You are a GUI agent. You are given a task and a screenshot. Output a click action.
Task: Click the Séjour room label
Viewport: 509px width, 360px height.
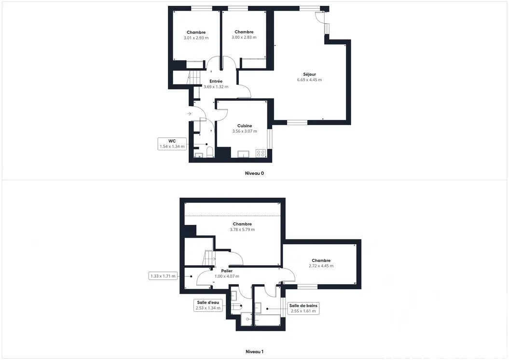pos(309,74)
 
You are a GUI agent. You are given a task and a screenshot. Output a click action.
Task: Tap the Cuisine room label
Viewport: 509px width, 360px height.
pos(245,126)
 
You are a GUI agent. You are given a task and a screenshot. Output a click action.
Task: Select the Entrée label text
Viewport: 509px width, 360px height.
pos(216,82)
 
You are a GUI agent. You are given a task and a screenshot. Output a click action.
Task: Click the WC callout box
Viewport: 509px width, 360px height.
pos(172,144)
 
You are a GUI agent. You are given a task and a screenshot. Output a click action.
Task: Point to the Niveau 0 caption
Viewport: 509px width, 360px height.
pos(255,173)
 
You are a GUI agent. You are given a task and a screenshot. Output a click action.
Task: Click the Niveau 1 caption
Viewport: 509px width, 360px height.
pos(255,352)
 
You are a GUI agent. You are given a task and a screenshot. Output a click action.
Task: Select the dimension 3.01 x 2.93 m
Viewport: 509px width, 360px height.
pos(196,38)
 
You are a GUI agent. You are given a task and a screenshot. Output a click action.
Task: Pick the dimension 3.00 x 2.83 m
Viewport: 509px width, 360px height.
pos(244,38)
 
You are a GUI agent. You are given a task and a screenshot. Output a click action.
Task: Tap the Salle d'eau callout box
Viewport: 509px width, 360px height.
pos(208,305)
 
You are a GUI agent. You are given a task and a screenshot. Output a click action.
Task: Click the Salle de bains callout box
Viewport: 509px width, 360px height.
pos(303,308)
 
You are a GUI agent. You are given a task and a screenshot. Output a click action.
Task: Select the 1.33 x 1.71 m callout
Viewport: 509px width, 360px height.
pos(163,276)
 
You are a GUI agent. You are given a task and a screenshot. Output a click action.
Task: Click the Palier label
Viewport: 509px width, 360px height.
pos(227,271)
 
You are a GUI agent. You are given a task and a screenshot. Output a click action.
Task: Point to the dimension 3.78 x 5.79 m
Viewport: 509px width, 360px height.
pos(242,230)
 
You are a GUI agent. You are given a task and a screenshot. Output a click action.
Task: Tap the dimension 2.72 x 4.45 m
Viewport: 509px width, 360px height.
pos(321,266)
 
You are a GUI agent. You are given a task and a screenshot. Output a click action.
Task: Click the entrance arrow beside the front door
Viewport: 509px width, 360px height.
pos(189,113)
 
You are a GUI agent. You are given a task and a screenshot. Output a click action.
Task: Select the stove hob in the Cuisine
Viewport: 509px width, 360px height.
pos(261,153)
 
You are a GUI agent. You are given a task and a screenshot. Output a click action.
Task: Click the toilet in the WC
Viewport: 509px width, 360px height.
pos(210,152)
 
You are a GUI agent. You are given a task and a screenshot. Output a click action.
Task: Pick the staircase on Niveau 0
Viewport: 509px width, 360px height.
pos(194,78)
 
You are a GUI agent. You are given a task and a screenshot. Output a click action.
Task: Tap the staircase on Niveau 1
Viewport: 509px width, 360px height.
pos(209,258)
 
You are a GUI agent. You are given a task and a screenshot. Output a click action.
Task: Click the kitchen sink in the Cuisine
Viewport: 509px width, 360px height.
pos(243,154)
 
